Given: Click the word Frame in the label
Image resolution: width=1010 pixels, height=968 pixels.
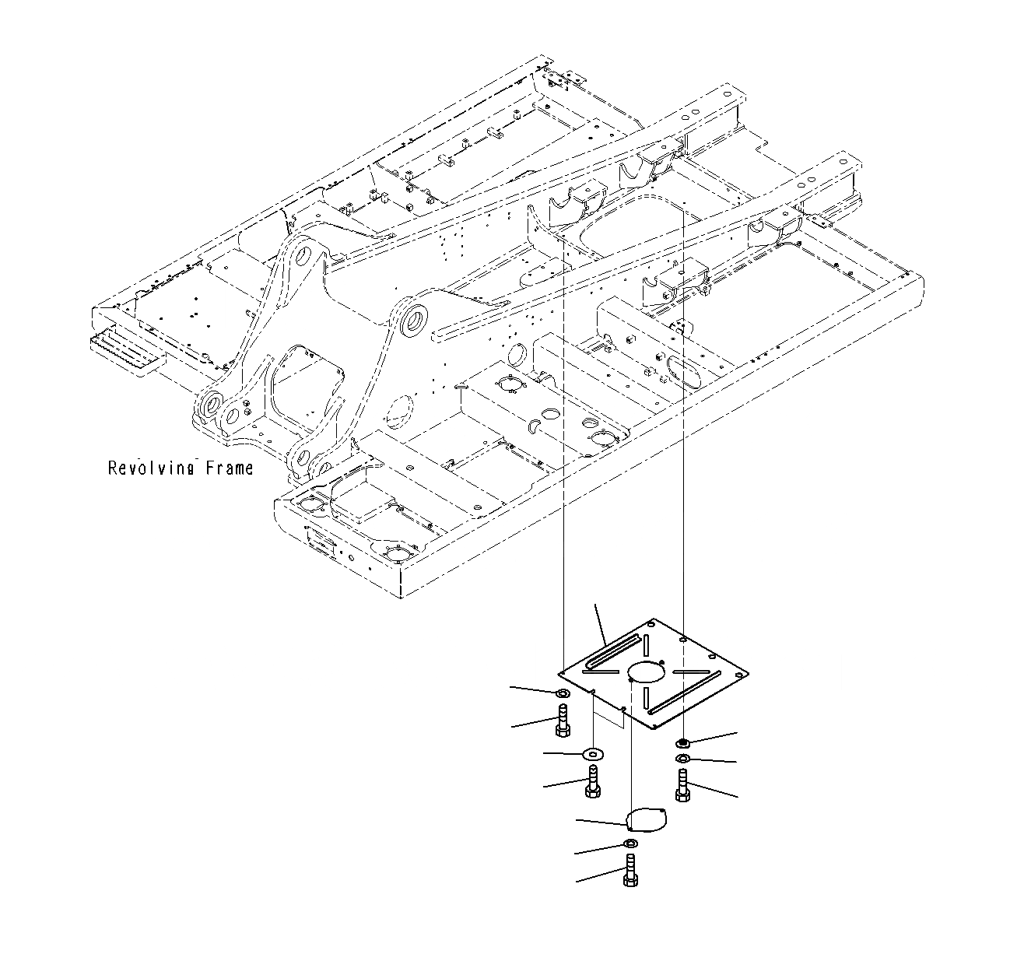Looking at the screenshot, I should pos(229,468).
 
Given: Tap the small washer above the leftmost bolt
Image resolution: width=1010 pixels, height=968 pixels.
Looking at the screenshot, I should pos(563,693).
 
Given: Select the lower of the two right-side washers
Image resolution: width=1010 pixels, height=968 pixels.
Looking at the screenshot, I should pos(682,759).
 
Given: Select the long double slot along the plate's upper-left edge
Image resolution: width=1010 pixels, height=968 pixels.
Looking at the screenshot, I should pos(615,652).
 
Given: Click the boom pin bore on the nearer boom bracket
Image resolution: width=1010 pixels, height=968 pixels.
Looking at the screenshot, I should pos(412,320).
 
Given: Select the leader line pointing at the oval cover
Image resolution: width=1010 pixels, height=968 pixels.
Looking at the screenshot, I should pos(601,822).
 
